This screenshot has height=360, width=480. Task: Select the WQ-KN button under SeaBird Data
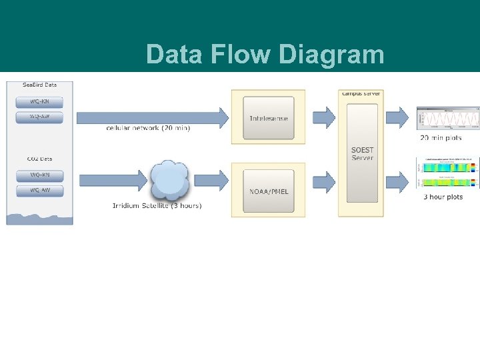(39, 102)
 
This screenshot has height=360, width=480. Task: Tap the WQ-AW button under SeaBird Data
(39, 117)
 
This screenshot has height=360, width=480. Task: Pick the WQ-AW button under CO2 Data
(39, 191)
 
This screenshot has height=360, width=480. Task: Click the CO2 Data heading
(39, 159)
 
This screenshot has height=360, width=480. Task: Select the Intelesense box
(268, 118)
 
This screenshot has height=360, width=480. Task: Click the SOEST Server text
(363, 154)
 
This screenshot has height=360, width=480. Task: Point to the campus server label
(361, 93)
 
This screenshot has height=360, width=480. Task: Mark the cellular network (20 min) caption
(148, 128)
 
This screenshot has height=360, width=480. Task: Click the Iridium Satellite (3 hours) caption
(157, 205)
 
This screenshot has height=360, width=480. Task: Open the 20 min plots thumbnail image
(447, 119)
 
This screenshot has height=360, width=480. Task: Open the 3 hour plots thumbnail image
(447, 175)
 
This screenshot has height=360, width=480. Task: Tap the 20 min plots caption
(441, 138)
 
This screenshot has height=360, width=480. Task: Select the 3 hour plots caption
(443, 197)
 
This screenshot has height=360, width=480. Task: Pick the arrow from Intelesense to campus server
(324, 117)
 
